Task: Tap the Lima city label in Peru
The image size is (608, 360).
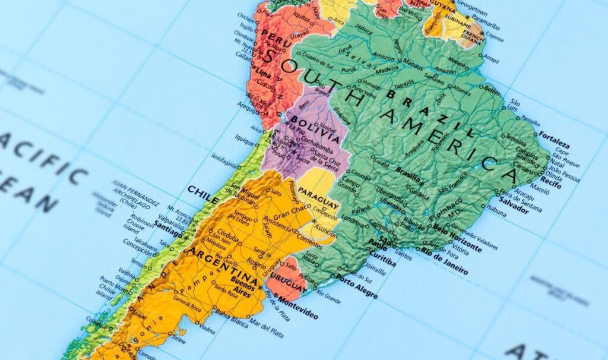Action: click(x=264, y=75)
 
